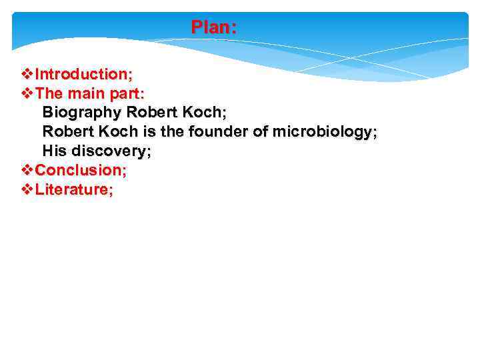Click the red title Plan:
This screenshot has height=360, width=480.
pyautogui.click(x=213, y=27)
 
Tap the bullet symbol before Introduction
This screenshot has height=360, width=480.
pyautogui.click(x=27, y=73)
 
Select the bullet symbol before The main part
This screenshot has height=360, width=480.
pyautogui.click(x=27, y=93)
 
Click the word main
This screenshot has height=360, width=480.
pyautogui.click(x=87, y=93)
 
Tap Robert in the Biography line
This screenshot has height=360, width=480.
pyautogui.click(x=151, y=112)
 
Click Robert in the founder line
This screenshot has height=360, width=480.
pyautogui.click(x=69, y=131)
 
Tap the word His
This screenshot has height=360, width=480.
pyautogui.click(x=55, y=151)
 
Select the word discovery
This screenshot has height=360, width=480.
pyautogui.click(x=109, y=151)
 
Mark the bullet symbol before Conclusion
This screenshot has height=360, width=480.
pyautogui.click(x=27, y=170)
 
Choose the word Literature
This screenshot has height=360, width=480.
pyautogui.click(x=72, y=189)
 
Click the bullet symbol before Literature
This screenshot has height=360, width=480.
pyautogui.click(x=27, y=189)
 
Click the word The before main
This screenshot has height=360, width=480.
pyautogui.click(x=49, y=93)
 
